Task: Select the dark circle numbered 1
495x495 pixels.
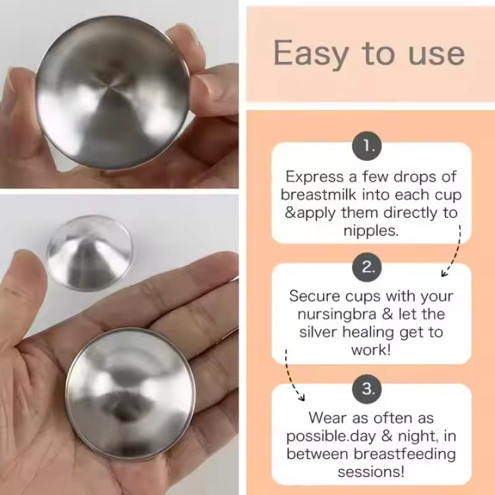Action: coord(368,147)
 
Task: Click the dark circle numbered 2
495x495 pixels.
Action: coord(368,267)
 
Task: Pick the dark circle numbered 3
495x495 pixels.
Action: coord(368,389)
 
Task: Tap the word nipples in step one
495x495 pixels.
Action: coord(370,231)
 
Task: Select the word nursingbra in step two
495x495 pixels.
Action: coord(329,314)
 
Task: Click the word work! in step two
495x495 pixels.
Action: coord(371,350)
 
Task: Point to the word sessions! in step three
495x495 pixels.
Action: coord(371,472)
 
